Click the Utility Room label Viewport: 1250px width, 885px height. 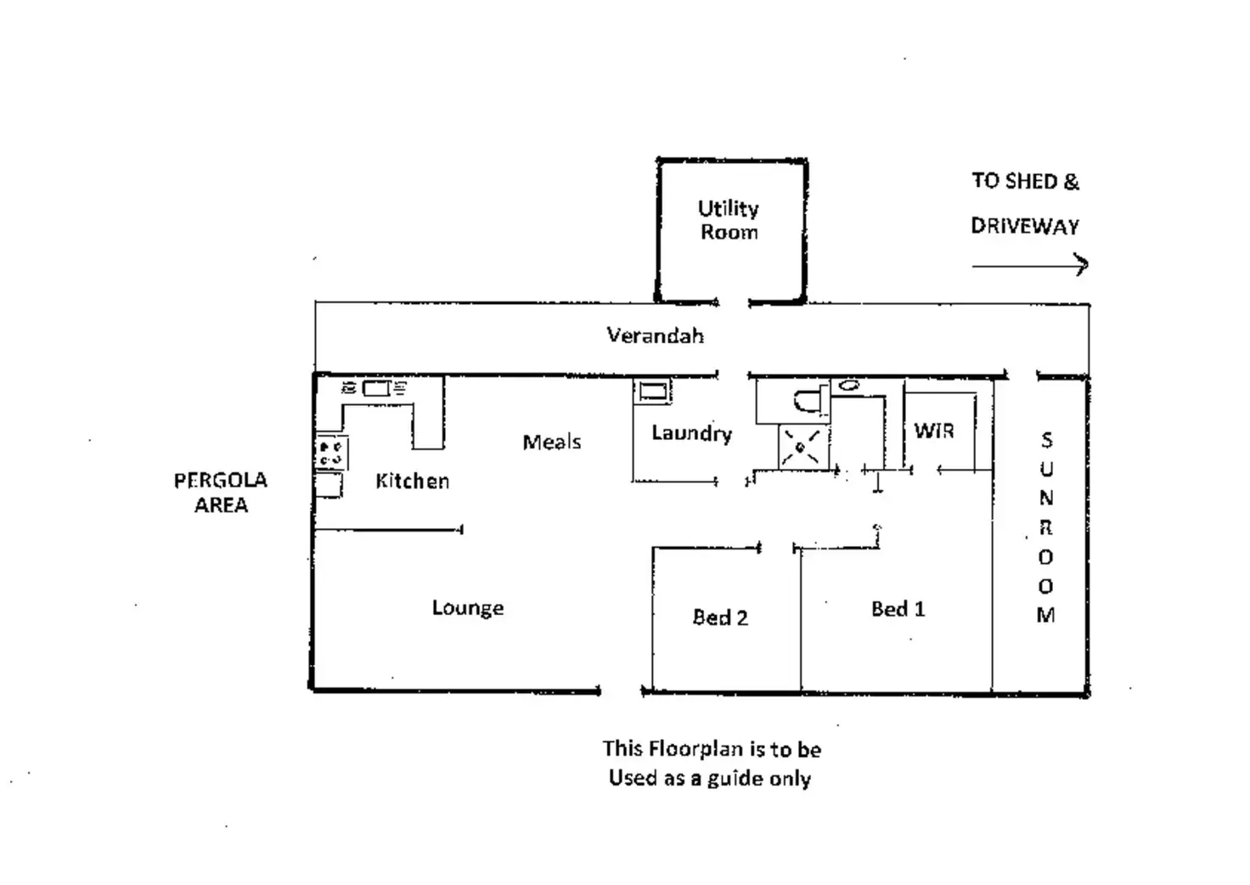point(729,220)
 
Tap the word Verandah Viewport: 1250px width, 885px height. point(655,335)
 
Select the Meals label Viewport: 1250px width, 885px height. point(552,442)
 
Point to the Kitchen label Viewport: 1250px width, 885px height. point(413,481)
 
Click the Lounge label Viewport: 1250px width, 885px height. point(468,607)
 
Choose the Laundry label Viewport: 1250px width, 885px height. point(692,433)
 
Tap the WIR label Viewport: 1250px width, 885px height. point(934,431)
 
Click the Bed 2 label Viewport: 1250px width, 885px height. point(720,617)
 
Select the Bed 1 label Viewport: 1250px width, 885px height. point(898,609)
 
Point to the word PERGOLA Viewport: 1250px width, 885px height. point(221,481)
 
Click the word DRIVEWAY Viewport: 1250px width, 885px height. point(1025,226)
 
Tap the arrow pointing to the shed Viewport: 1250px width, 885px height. point(1030,265)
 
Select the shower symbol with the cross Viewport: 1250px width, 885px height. point(802,447)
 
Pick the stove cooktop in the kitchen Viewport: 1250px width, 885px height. point(331,453)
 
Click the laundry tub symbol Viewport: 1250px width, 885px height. point(652,391)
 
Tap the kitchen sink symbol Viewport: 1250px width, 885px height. point(375,388)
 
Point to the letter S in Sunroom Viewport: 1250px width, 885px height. point(1047,440)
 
